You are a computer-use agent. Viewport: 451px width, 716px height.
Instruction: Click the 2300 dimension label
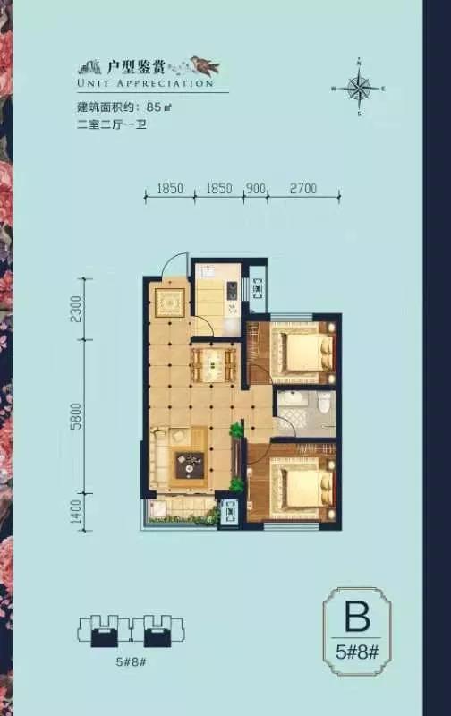click(76, 309)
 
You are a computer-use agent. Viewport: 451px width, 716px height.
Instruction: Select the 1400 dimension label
click(76, 512)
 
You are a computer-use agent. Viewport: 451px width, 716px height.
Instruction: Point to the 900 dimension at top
click(256, 188)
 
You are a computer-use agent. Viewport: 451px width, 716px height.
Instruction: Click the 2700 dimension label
click(302, 188)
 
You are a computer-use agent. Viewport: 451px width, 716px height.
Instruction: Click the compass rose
click(360, 87)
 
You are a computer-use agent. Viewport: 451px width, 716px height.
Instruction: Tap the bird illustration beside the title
click(206, 65)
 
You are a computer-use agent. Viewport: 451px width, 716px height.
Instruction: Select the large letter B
click(357, 617)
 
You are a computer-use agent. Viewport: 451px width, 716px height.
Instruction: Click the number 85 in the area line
click(154, 107)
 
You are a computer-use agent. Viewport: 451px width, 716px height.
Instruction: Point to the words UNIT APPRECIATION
click(146, 83)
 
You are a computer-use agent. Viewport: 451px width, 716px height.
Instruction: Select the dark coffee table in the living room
click(190, 465)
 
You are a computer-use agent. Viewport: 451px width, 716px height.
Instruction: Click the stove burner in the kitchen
click(233, 290)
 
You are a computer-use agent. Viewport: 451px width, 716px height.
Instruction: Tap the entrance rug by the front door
click(169, 302)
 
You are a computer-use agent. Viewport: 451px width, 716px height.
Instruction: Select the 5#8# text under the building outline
click(131, 661)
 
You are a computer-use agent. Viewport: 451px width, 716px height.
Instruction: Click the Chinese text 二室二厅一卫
click(112, 124)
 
